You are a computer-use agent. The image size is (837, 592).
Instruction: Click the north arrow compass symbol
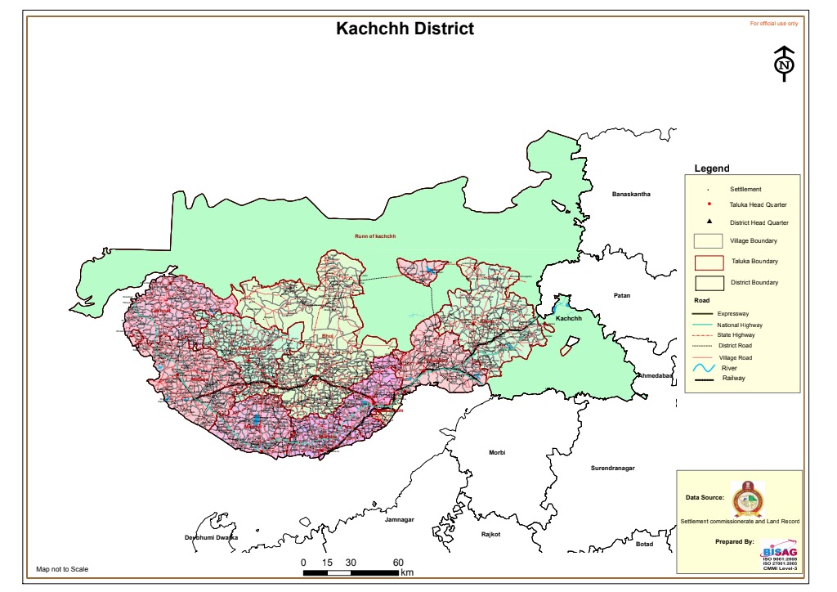click(x=784, y=65)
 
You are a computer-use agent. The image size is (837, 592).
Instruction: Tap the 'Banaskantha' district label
click(x=631, y=194)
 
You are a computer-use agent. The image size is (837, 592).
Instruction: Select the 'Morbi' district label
click(x=497, y=452)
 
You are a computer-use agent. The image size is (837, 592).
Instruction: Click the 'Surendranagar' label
click(x=618, y=469)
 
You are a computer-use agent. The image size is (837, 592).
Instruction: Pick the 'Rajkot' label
click(x=490, y=534)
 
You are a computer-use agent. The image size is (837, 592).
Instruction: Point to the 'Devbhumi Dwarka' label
click(x=211, y=537)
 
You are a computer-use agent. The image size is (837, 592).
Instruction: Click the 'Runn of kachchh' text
click(x=374, y=236)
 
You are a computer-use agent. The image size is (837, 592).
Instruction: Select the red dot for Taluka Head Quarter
click(x=709, y=204)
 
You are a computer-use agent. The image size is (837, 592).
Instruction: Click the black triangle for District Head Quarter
click(x=709, y=222)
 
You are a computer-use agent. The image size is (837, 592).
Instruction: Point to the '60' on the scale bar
click(x=398, y=563)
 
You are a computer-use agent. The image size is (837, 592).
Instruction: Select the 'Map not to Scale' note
click(x=62, y=569)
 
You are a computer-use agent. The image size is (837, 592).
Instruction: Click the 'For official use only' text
click(x=774, y=24)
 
